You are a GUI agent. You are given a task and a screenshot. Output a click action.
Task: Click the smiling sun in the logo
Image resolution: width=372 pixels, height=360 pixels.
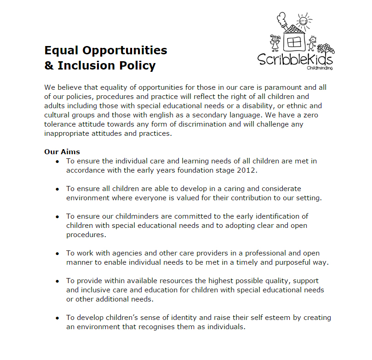pos(303,20)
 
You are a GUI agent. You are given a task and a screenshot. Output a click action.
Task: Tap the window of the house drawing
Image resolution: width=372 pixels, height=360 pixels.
pos(293,43)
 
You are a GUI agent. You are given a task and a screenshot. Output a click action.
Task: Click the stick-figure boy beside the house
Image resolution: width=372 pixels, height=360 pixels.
pos(313,43)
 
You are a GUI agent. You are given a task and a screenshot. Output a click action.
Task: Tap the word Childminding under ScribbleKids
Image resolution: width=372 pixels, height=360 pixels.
pos(320,68)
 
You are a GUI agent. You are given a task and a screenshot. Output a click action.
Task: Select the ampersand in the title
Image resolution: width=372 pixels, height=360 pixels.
pos(49,65)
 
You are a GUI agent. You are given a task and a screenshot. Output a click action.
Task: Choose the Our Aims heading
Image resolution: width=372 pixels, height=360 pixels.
pos(62,151)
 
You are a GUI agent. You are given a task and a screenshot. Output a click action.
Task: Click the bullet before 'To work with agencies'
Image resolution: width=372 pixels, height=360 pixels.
pos(57,254)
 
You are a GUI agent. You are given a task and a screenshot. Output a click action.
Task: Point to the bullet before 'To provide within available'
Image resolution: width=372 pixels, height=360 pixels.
pos(57,281)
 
